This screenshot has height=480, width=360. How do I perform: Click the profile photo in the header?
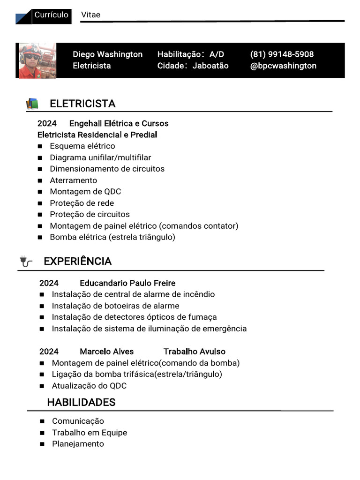coord(37,61)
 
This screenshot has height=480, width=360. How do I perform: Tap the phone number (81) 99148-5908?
coord(282,54)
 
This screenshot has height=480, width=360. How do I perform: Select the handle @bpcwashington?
coord(283,66)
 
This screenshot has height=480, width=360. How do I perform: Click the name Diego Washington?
coord(107,54)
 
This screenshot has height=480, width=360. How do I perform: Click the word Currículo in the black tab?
coord(52,15)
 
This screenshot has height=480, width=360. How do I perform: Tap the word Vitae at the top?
coord(90,15)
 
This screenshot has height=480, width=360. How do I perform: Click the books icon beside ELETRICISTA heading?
coord(32,104)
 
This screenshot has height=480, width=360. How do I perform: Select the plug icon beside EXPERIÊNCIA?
coord(26,262)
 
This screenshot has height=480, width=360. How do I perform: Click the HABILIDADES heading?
coord(81,402)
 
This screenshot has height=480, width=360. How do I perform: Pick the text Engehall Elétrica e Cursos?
coord(119,123)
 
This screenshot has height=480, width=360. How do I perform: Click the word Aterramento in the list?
coord(74,180)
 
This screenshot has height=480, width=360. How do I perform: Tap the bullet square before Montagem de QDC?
coord(40,192)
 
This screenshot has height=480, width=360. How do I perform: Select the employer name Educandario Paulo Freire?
coord(127,283)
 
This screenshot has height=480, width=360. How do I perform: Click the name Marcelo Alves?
coord(106,352)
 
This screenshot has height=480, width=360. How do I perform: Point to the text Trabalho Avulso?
coord(194,352)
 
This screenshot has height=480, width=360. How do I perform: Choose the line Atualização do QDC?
coord(89,386)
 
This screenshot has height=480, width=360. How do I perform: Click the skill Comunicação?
coord(78,421)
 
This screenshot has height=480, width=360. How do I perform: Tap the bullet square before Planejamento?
coord(42,444)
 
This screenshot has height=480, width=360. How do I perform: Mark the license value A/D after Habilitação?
coord(217,54)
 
